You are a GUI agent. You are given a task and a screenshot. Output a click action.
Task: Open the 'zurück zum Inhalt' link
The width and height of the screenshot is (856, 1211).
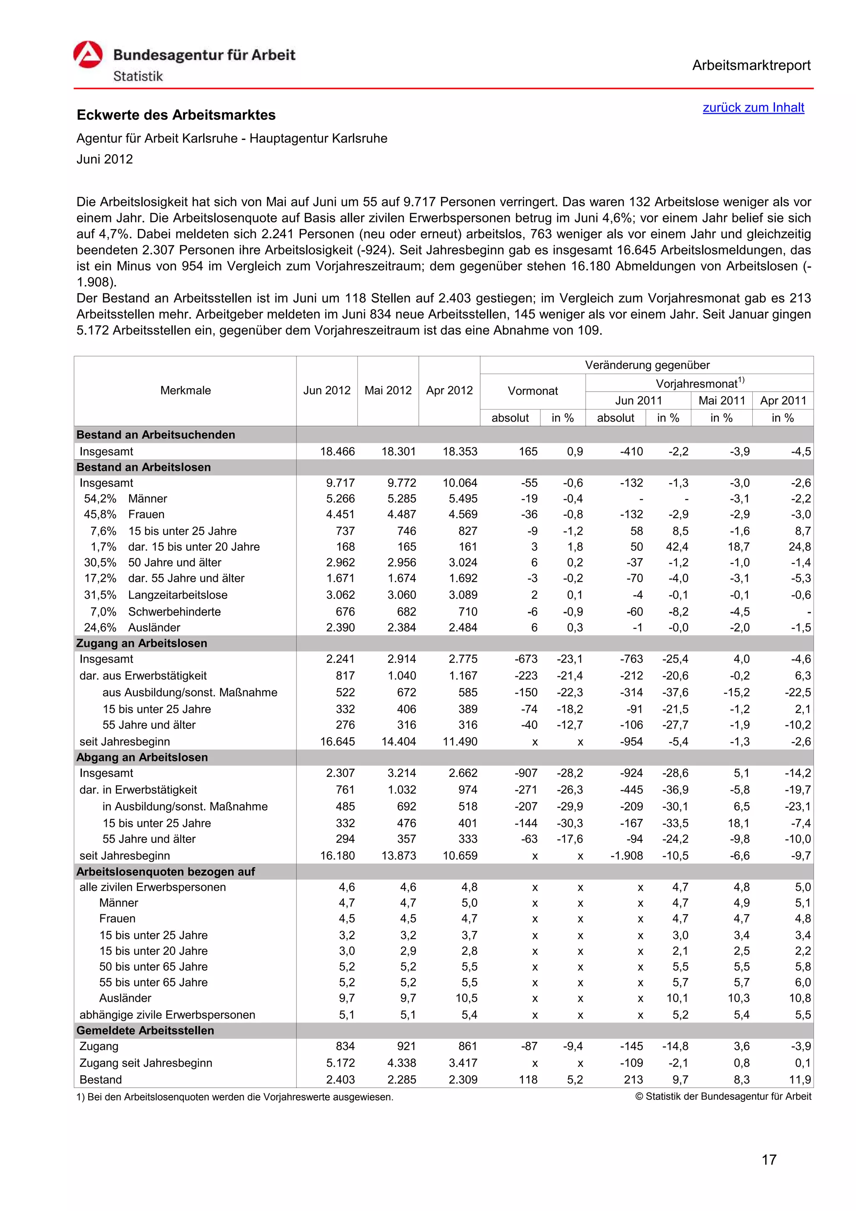click(753, 107)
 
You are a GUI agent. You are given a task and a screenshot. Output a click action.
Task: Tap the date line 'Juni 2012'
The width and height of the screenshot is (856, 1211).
click(104, 159)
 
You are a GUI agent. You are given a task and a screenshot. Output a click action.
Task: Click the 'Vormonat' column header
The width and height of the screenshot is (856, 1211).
click(532, 391)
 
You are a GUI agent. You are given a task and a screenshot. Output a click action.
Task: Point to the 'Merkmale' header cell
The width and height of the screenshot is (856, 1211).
click(185, 390)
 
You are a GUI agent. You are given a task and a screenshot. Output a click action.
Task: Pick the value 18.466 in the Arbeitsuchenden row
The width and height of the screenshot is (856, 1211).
click(338, 451)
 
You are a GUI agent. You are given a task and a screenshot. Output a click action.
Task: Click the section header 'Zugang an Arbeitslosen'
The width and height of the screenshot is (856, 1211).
click(141, 643)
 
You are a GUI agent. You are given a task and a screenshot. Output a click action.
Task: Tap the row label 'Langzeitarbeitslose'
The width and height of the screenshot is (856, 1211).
click(178, 595)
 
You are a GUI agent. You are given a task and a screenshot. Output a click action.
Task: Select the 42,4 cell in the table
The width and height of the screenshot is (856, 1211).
click(677, 547)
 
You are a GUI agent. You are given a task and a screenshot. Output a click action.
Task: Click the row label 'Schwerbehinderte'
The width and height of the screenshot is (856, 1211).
click(175, 612)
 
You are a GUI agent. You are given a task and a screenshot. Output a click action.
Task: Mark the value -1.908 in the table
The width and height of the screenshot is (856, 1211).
click(626, 855)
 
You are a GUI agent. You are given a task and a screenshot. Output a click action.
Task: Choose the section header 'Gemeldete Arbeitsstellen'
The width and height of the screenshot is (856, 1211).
click(145, 1030)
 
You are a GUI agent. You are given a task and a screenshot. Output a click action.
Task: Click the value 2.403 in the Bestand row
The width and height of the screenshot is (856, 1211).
click(340, 1080)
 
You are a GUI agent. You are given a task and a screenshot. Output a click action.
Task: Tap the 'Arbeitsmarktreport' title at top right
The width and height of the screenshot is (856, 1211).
click(751, 66)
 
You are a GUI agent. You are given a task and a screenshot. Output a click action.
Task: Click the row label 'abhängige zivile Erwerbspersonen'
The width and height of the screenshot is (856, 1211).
click(167, 1015)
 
